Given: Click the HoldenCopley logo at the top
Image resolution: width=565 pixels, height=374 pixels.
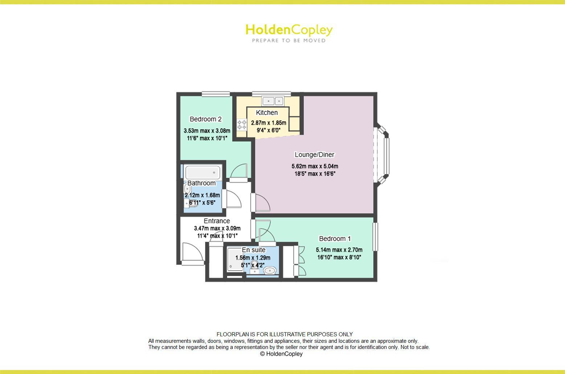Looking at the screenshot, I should click(289, 30).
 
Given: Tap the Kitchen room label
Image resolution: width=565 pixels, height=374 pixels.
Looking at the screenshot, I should click(267, 112).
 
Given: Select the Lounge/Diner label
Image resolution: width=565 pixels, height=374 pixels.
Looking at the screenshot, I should click(314, 155).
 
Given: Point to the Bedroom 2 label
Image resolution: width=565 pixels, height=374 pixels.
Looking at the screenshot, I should click(205, 119).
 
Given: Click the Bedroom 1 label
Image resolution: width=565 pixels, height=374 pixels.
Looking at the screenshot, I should click(335, 238).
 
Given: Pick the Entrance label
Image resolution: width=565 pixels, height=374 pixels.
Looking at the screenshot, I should click(217, 221).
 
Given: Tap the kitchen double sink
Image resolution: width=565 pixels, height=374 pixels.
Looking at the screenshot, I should click(273, 100).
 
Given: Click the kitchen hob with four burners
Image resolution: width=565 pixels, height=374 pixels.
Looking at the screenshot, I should click(242, 125).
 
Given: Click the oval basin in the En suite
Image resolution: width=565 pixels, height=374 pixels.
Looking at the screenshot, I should click(270, 270).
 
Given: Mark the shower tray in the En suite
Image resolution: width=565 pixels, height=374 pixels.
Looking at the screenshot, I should click(234, 259).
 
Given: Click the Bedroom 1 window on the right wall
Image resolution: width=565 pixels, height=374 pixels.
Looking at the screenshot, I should click(375, 237).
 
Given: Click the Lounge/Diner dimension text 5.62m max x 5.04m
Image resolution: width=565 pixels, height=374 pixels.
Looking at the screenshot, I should click(315, 167).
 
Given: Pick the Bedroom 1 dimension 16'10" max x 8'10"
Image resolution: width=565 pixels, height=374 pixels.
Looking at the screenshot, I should click(339, 257).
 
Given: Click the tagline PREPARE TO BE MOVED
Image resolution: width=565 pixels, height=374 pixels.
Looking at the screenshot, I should click(289, 41).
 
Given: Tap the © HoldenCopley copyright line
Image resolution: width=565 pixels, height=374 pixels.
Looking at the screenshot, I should click(281, 354).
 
